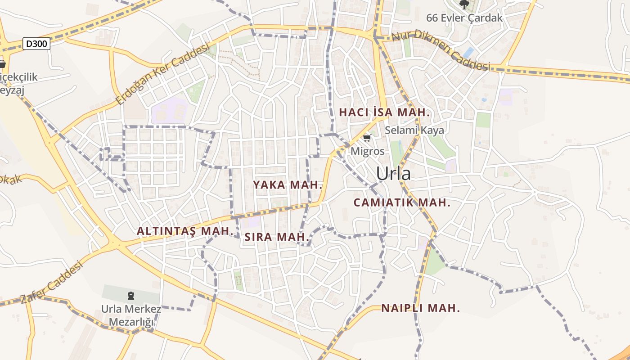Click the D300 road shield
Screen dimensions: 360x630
coord(36,44)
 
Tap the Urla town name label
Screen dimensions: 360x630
coord(393,174)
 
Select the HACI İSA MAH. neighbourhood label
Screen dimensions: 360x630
coord(384,112)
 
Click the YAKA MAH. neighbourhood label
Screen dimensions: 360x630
coord(288,185)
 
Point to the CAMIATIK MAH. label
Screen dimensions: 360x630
coord(402,202)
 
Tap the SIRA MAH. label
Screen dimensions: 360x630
coord(277,237)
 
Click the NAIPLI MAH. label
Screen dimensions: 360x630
coord(421,308)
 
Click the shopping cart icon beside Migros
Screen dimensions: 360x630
coord(367,138)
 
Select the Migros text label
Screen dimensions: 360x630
coord(368,151)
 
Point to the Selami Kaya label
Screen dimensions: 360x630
coord(414,130)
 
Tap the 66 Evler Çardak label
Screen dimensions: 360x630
coord(464,18)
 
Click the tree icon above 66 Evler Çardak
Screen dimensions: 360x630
coord(464,4)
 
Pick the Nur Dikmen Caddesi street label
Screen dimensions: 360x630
coord(441,50)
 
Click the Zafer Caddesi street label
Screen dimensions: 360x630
coord(52,283)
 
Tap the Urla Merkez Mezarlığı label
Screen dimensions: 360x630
coord(131,315)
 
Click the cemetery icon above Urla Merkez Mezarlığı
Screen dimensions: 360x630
coord(131,296)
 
